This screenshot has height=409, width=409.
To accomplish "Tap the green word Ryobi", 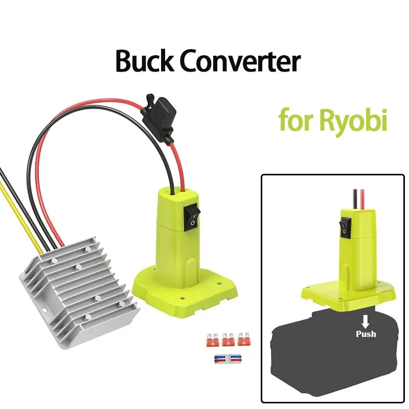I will (353, 121).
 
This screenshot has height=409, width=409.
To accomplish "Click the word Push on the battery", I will (366, 334).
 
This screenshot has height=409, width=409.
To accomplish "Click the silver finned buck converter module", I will (77, 286).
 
